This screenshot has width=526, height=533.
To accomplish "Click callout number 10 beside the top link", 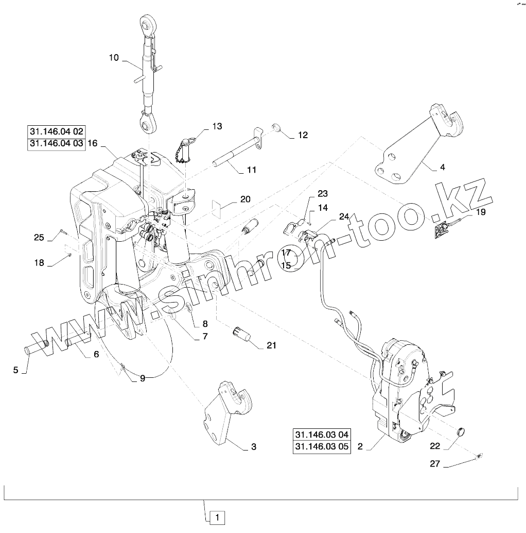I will click(114, 58).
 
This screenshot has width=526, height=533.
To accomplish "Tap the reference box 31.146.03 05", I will click(322, 447).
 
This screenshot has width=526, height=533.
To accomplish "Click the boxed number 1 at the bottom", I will click(217, 517).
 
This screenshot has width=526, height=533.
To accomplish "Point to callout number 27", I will click(435, 464).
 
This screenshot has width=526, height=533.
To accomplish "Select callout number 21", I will click(271, 345).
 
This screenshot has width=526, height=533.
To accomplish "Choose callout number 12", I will click(303, 135).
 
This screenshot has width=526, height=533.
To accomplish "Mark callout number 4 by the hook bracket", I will click(442, 167).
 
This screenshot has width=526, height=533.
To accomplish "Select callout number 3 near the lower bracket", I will click(253, 447).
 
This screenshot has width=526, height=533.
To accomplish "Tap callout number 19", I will click(480, 212).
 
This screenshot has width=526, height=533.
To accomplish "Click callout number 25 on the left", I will click(39, 237).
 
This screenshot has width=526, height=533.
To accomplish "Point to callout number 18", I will click(39, 263).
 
